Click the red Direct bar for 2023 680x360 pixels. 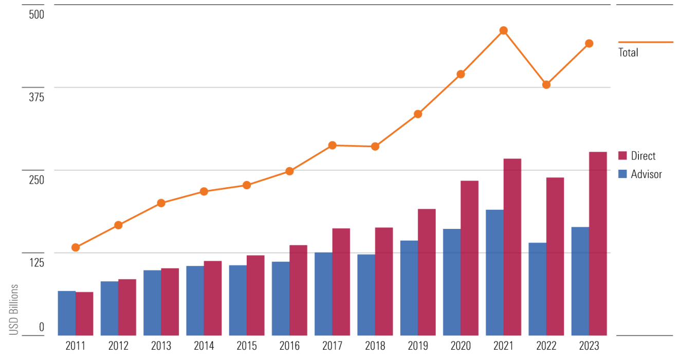tap(598, 244)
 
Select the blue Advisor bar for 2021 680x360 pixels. tap(494, 273)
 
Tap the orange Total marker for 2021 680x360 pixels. tap(504, 30)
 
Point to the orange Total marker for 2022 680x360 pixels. tap(546, 85)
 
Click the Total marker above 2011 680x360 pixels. tap(76, 247)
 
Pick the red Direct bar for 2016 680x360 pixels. tap(298, 290)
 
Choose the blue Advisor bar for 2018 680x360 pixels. tap(366, 295)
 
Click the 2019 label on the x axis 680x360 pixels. tap(418, 346)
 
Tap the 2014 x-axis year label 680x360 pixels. tap(204, 346)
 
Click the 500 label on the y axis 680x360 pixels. tap(36, 14)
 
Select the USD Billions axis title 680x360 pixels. tap(14, 310)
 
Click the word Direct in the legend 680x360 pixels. tap(644, 156)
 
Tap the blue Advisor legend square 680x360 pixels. tap(622, 174)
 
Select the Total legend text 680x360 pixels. tap(628, 52)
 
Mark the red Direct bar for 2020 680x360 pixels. tap(469, 258)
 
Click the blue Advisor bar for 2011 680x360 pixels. tap(66, 313)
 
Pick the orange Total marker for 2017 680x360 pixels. tap(333, 146)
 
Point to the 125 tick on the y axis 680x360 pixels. tap(36, 263)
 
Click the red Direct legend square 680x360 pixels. tap(622, 156)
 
